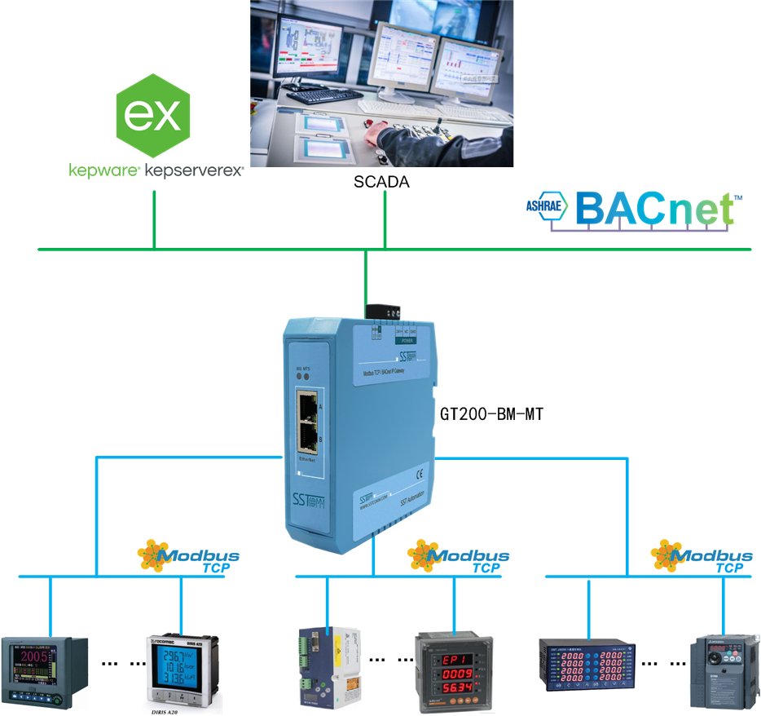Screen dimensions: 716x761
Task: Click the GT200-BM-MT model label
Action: click(490, 414)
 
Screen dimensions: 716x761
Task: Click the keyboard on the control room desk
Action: click(324, 95)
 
